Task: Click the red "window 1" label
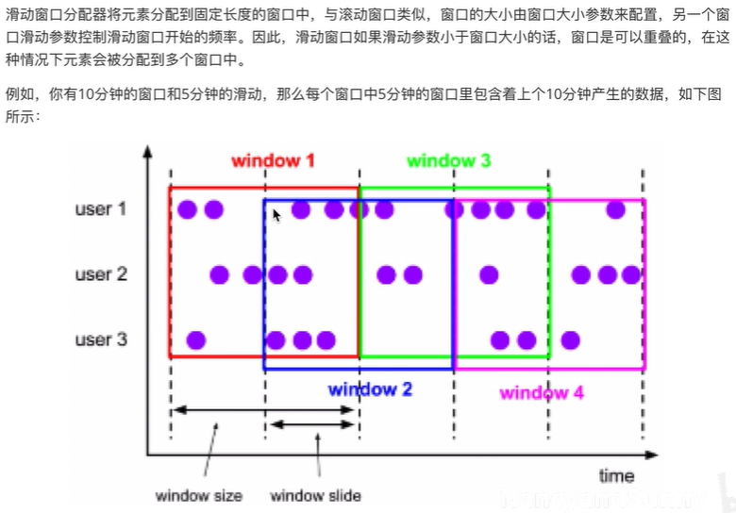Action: point(273,160)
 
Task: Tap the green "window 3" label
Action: point(448,160)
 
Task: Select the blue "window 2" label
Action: point(370,389)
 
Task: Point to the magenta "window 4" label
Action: point(542,393)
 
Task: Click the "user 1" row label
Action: point(101,208)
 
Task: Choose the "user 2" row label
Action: point(101,274)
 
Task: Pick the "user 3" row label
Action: point(101,339)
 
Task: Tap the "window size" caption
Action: point(199,495)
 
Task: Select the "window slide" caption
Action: point(315,495)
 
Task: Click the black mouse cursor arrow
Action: point(276,215)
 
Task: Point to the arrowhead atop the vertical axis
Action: point(147,154)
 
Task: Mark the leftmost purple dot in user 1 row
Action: point(187,209)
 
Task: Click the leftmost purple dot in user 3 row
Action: point(195,339)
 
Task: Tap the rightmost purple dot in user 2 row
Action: point(630,274)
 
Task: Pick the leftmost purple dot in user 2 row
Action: point(220,274)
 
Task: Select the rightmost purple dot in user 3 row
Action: point(569,339)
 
